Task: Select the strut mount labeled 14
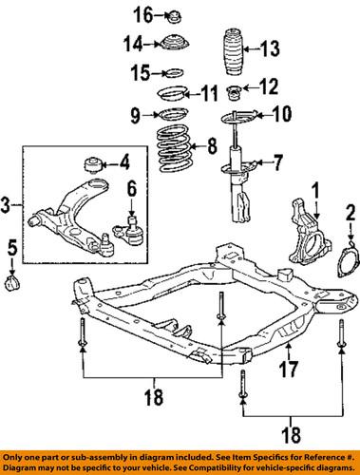click(174, 45)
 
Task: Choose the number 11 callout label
click(209, 92)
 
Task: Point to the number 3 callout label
click(9, 202)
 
